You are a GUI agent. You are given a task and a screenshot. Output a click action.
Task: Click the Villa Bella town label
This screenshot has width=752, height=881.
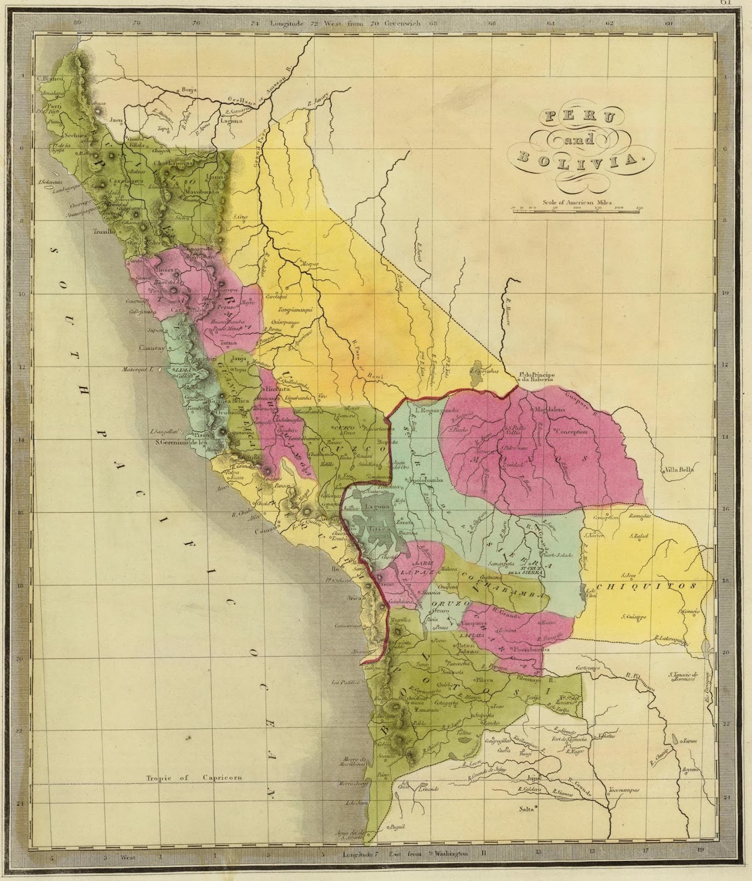pos(679,470)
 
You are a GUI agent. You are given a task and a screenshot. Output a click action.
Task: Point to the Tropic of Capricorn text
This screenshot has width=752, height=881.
pos(194,778)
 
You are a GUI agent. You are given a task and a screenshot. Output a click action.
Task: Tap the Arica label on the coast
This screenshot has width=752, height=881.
pos(353,598)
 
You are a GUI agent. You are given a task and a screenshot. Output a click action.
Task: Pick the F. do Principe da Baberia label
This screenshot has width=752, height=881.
pos(536,378)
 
